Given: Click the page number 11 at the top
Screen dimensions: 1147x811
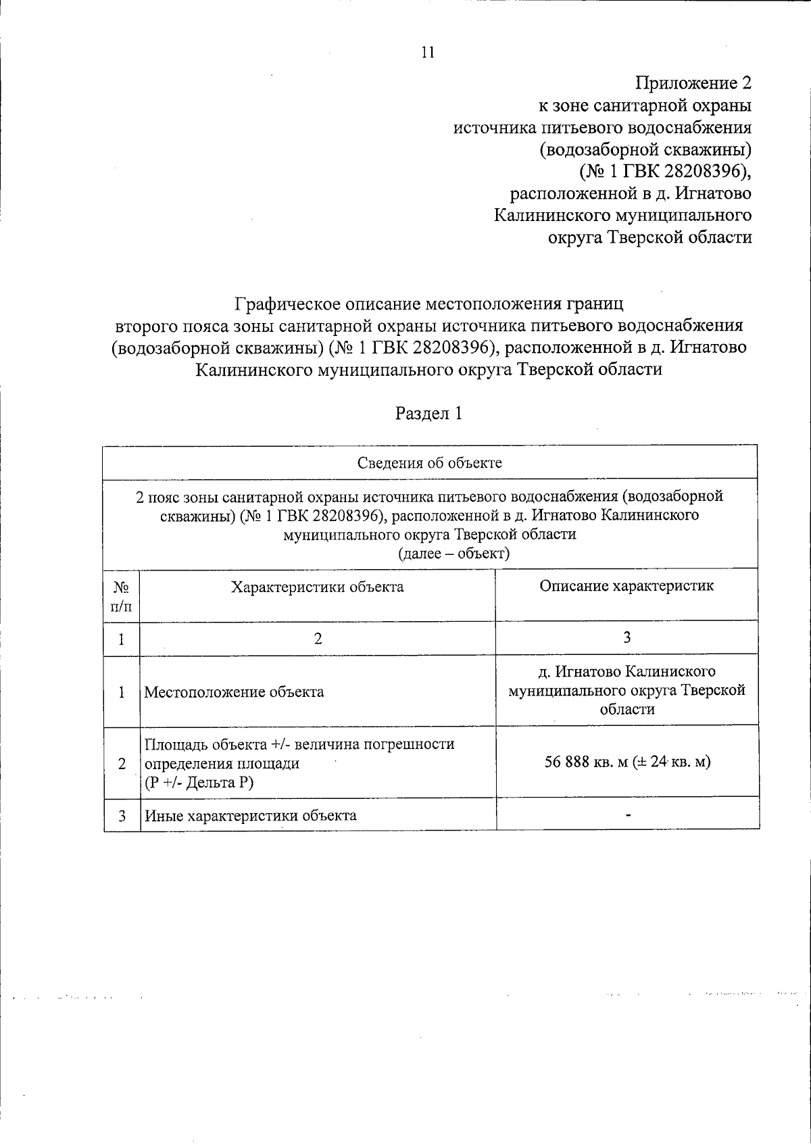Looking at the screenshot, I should [427, 53].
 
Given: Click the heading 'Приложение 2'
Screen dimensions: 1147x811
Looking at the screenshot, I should [693, 83].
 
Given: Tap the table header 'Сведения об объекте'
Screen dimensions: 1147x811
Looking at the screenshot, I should [429, 463].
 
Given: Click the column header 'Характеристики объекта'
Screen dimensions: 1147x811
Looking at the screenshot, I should [318, 587].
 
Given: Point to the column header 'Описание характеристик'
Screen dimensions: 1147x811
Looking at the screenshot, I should [626, 585].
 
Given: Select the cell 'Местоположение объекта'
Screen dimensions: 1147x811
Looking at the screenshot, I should [234, 692].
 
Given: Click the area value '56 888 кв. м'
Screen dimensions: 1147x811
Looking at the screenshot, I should [587, 762].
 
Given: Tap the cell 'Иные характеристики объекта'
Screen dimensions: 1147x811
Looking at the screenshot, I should [251, 815].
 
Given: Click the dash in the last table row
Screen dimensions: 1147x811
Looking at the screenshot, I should [628, 816].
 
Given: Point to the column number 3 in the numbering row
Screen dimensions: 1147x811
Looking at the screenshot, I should [627, 637].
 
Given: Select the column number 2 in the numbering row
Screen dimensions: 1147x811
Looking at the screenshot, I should [318, 639].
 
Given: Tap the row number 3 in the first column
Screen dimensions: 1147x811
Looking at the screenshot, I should [122, 816].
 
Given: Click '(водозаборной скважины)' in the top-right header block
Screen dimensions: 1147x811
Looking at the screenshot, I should [645, 149].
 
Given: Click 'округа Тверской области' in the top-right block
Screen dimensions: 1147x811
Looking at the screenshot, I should [649, 237].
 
